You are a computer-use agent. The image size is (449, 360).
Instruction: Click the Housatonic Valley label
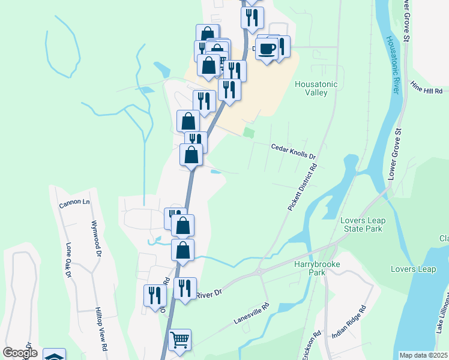coord(316,88)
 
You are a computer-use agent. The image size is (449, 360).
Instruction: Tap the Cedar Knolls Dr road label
coord(294,152)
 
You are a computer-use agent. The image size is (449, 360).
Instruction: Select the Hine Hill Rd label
coord(426,89)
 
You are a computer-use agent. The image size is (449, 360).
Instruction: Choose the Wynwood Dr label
coord(95,238)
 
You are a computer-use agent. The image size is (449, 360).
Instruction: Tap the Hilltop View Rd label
coord(101,329)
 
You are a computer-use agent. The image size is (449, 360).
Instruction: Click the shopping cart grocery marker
coord(179,340)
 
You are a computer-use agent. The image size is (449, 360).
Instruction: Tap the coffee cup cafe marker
coord(267,49)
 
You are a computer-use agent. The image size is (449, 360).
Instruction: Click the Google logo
coord(19,352)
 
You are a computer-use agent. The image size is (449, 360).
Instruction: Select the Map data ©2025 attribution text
coord(423,355)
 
